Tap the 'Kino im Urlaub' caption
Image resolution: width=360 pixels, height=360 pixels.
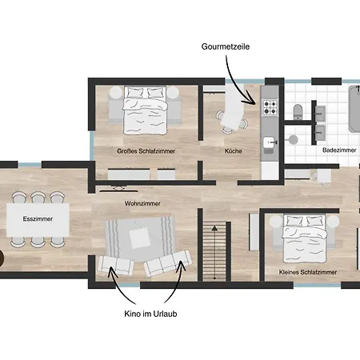pos(150,314)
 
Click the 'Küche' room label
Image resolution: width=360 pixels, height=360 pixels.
pos(233,150)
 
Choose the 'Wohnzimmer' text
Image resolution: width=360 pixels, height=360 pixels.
pos(142,204)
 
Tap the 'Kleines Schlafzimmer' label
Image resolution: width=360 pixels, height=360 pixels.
pos(307,273)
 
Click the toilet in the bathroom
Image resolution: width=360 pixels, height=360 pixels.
pos(296,111)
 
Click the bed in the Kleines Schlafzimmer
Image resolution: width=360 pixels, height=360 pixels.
pos(306,238)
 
